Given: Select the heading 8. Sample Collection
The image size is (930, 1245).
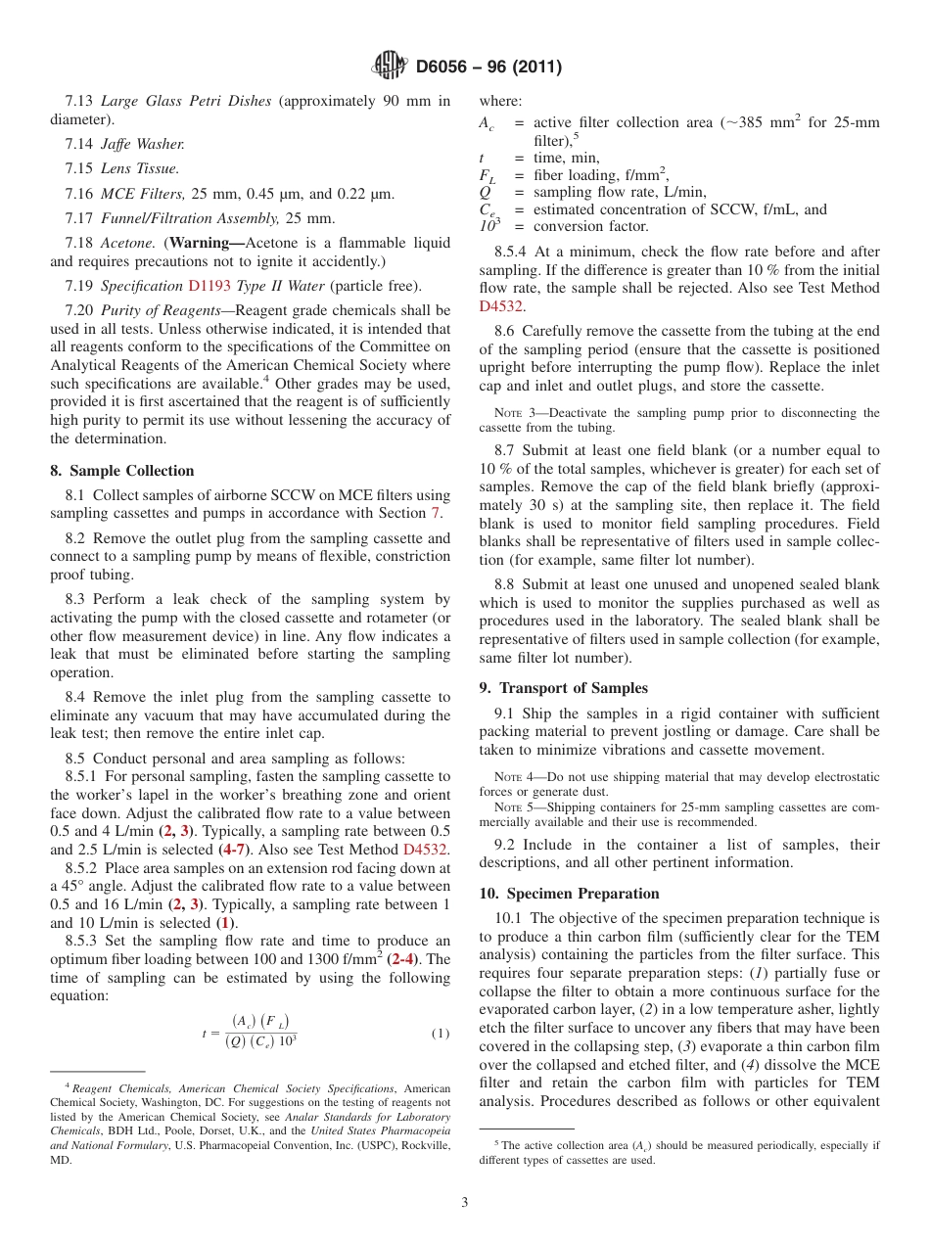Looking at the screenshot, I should point(122,471).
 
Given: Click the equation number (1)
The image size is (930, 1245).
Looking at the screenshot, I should point(440,1034).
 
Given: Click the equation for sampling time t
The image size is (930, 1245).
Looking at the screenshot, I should point(252,1032).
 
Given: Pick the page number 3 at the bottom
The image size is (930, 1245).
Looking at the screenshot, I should point(465,1203).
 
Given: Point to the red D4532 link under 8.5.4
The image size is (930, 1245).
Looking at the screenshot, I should point(501,306).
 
